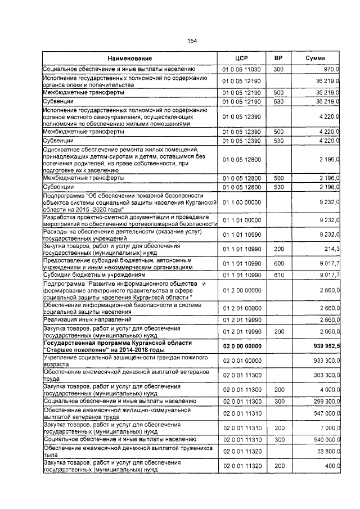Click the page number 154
(192, 41)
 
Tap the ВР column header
(278, 58)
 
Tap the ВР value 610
(278, 275)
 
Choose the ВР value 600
(278, 263)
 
